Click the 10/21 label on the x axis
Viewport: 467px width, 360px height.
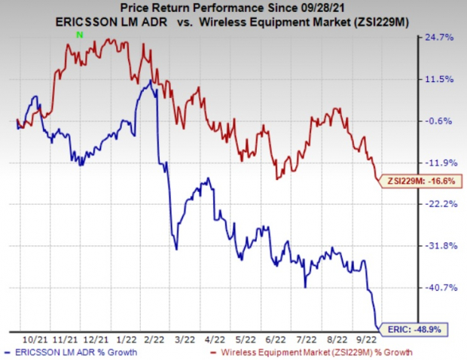coord(35,339)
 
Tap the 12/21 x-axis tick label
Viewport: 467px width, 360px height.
coord(100,339)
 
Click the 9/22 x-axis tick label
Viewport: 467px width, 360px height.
coord(377,339)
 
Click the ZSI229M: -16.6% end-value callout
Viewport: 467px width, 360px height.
coord(421,181)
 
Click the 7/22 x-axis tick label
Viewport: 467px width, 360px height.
coord(313,339)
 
